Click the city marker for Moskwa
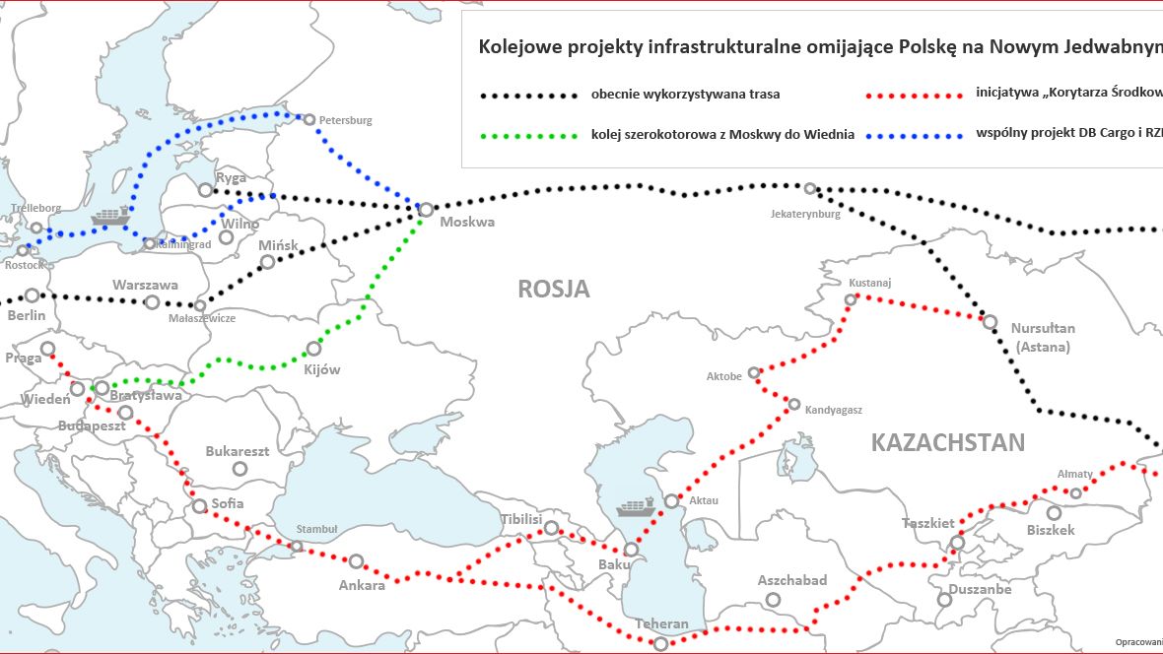(x=426, y=209)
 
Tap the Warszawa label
(x=145, y=285)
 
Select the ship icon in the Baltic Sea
(x=109, y=217)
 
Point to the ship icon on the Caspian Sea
(x=635, y=508)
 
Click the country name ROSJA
(x=554, y=289)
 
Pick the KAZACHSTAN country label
(x=947, y=442)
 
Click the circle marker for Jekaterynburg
(x=809, y=189)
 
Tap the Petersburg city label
(x=346, y=120)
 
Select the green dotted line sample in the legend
(x=528, y=135)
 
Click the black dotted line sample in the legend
(x=528, y=97)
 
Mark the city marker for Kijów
(x=314, y=348)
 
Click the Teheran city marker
(x=661, y=642)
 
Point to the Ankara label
(x=362, y=585)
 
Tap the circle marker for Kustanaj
(x=852, y=298)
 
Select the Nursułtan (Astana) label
(x=1043, y=337)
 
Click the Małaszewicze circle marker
(x=201, y=305)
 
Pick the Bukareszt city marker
(x=239, y=469)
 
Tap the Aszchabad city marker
(x=774, y=599)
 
